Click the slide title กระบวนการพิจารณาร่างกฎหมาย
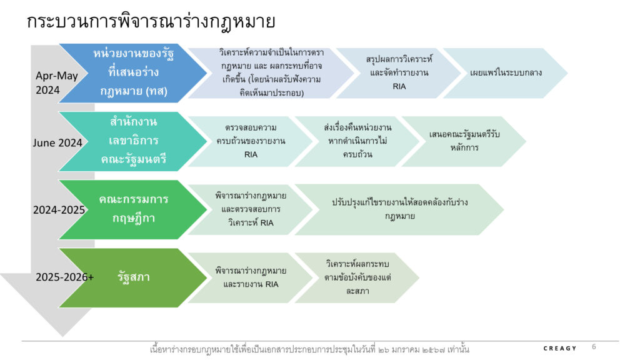point(151,21)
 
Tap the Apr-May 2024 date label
point(56,82)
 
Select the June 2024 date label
point(57,142)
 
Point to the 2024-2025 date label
point(59,210)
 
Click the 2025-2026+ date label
point(64,277)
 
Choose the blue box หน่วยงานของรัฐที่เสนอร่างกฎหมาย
point(133,73)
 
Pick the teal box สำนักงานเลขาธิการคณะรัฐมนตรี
point(133,141)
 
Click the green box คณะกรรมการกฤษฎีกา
point(133,209)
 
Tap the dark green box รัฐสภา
point(133,277)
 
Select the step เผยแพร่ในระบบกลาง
point(505,73)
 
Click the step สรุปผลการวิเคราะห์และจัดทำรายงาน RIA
point(398,73)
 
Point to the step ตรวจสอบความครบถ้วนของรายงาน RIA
point(250,141)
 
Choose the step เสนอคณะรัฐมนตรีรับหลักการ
point(464,141)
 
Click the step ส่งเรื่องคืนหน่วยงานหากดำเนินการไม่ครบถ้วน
point(357,141)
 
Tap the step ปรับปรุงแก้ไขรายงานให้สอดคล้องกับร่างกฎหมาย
point(399,209)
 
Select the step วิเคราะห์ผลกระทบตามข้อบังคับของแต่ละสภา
point(357,277)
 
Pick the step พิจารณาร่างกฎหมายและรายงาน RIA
point(250,277)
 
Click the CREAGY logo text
point(559,348)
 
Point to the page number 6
point(594,346)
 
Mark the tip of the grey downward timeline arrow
point(63,336)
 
